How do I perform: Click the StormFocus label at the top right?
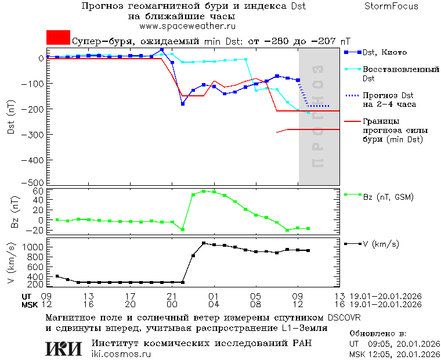pyautogui.click(x=391, y=6)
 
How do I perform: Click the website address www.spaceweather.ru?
pyautogui.click(x=187, y=26)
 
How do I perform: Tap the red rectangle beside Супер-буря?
pyautogui.click(x=58, y=38)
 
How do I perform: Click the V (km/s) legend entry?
pyautogui.click(x=381, y=244)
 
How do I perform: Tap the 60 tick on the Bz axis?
pyautogui.click(x=39, y=191)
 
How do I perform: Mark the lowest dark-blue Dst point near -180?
pyautogui.click(x=183, y=104)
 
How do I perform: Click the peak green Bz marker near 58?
pyautogui.click(x=204, y=191)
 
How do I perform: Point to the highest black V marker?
pyautogui.click(x=204, y=243)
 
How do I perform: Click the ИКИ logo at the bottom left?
pyautogui.click(x=63, y=348)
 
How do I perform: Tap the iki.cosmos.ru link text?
pyautogui.click(x=121, y=354)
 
